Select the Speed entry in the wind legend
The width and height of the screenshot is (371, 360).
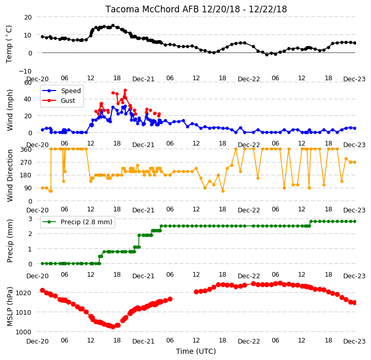tap(62, 91)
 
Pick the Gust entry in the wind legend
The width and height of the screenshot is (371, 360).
tap(59, 100)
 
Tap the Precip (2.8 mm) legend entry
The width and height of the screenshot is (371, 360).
tap(77, 222)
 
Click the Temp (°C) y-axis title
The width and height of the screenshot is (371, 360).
tap(9, 44)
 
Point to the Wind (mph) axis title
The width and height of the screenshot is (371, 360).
tap(10, 110)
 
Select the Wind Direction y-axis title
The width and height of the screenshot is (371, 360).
tap(10, 175)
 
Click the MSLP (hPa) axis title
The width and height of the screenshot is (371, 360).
tap(10, 307)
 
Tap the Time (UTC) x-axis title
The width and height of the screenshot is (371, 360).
tap(196, 351)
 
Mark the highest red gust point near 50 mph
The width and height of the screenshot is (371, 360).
tap(126, 91)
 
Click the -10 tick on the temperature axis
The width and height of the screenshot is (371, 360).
tap(25, 71)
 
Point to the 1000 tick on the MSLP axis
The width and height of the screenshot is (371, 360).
tap(24, 332)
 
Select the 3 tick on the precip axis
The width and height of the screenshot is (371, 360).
tap(30, 219)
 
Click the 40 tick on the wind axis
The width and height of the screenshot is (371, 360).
tap(28, 99)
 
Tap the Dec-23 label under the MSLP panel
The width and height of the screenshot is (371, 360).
tap(354, 341)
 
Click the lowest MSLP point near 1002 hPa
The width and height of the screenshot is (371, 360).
tap(113, 327)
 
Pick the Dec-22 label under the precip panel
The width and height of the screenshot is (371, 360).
tap(249, 276)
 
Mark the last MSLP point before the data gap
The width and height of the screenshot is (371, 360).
tap(170, 299)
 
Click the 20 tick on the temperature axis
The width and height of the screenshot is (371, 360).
tap(28, 17)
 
